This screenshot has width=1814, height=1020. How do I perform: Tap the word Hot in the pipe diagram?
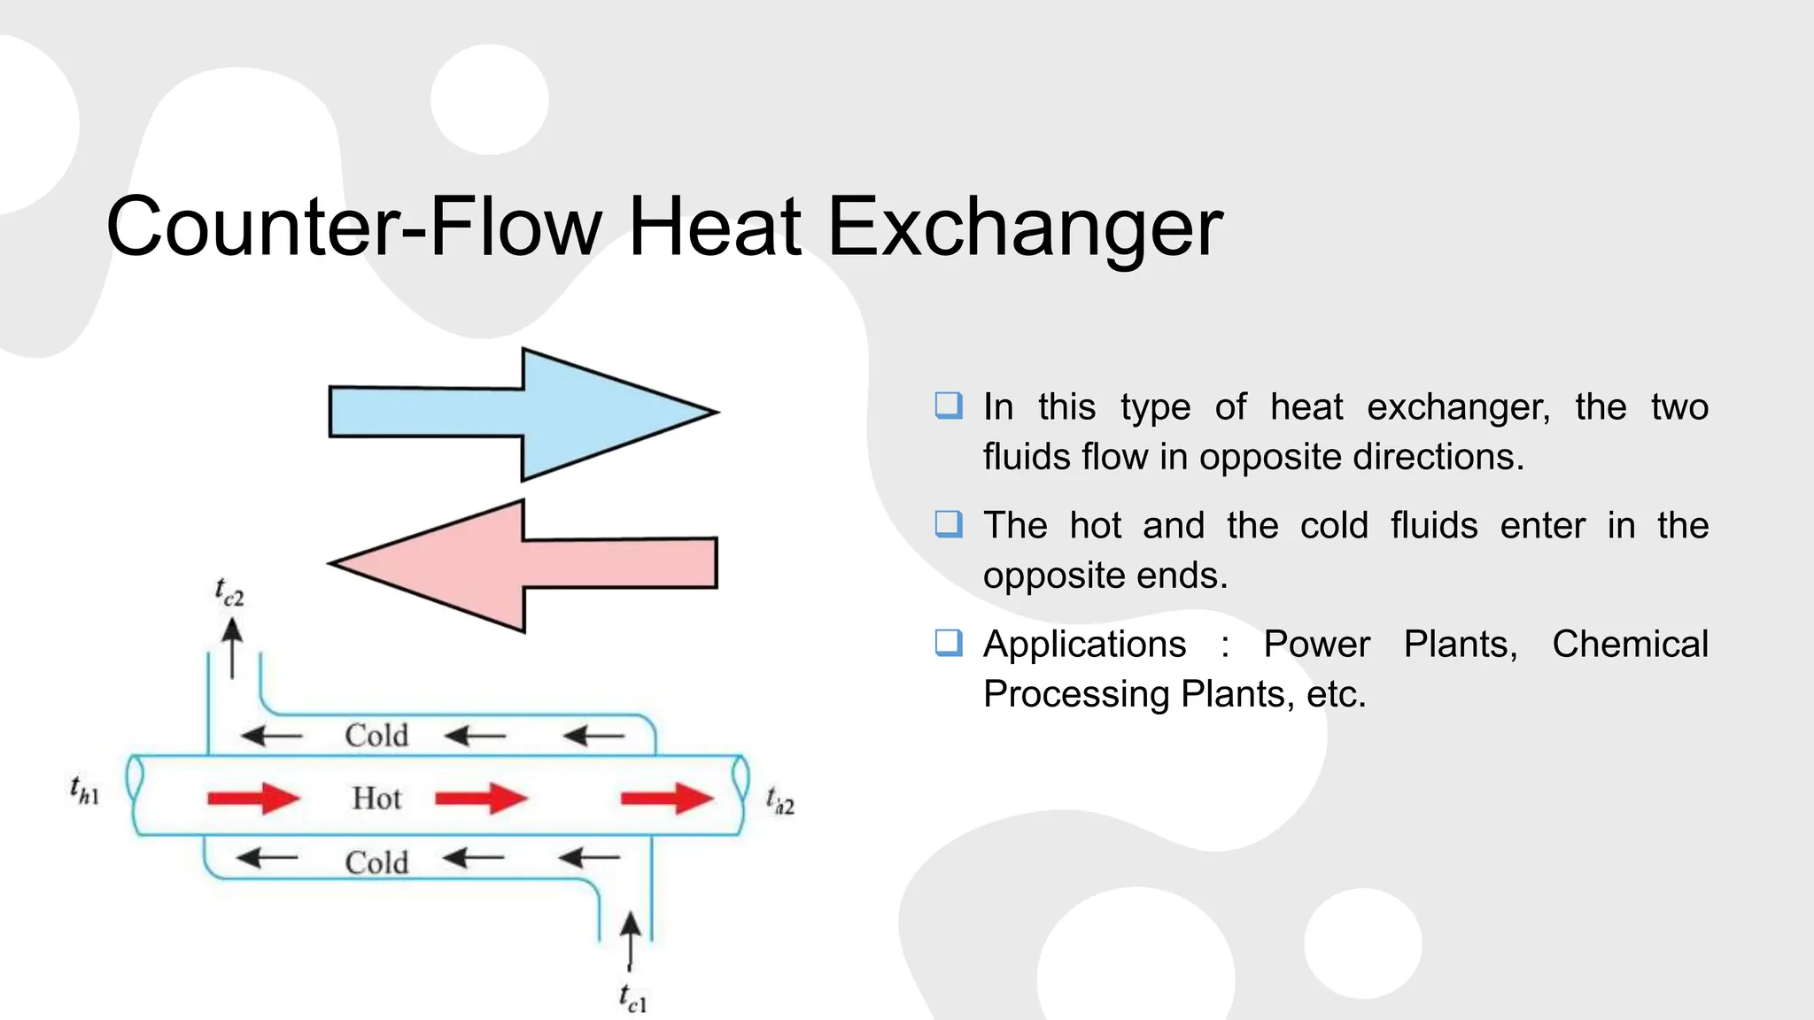coord(376,799)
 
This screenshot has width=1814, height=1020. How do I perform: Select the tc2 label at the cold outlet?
coord(229,592)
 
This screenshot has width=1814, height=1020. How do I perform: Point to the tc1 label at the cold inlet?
coord(632,999)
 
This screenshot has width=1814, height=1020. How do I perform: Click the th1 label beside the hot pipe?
coord(85,790)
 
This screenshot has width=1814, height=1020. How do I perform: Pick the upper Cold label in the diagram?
coord(376,736)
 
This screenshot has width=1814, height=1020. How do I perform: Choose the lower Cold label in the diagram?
coord(376,862)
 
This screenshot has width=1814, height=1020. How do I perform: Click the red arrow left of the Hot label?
coord(253,799)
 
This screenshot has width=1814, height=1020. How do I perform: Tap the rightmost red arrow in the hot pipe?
coord(667,799)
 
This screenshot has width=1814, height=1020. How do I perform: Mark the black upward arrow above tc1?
coord(630,941)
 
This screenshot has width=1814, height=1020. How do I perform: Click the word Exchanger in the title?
coord(1025,228)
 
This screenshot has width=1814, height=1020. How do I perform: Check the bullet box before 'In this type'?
coord(949,406)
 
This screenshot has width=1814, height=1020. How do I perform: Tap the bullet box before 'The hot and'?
coord(949,524)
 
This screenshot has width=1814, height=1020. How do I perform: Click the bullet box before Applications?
coord(949,642)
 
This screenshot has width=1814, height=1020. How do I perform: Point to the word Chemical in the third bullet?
coord(1630,644)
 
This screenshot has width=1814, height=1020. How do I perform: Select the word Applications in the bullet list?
coord(1084,644)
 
